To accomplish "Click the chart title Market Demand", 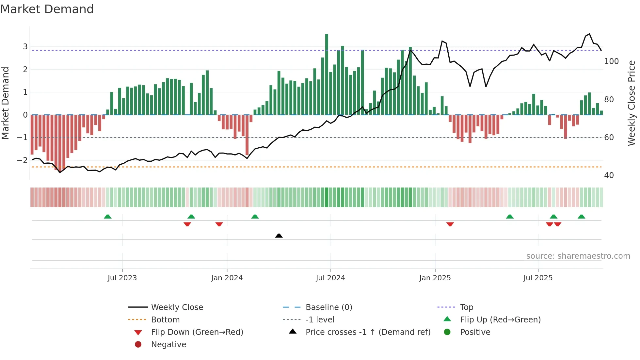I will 47,9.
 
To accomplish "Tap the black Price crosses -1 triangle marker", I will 279,236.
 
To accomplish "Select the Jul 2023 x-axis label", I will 122,278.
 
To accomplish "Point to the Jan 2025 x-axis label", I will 435,278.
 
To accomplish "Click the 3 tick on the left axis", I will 25,47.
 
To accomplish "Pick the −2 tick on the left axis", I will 23,160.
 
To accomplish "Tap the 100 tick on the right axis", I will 611,61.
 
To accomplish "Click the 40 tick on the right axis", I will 609,175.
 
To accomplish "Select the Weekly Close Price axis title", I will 632,103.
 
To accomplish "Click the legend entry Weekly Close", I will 177,307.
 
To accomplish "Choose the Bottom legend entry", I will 165,320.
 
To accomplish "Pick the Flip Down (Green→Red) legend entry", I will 197,332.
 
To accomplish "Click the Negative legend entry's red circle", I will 138,345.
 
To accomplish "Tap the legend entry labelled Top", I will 467,307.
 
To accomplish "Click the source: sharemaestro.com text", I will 578,256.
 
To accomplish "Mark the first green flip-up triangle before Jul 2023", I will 107,217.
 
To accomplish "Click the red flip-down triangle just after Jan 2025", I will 450,224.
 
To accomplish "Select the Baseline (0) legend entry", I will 329,307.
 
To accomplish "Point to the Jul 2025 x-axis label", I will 538,278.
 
